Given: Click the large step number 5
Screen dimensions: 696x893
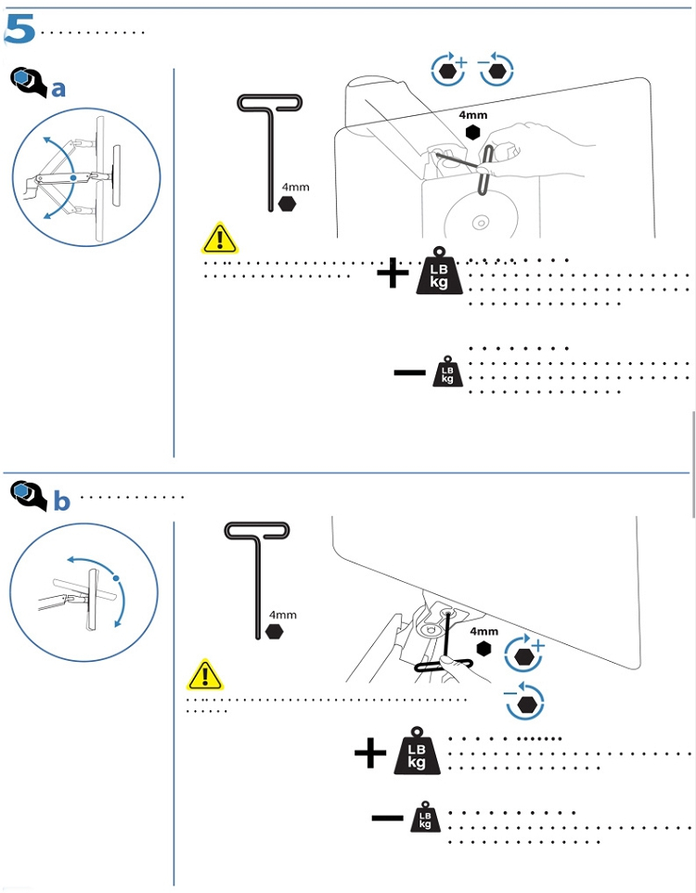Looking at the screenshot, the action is pyautogui.click(x=19, y=30).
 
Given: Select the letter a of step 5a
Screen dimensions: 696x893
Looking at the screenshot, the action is pyautogui.click(x=58, y=89).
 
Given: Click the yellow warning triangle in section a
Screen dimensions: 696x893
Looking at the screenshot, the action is pyautogui.click(x=219, y=239).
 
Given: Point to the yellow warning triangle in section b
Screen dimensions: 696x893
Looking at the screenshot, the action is pyautogui.click(x=205, y=675).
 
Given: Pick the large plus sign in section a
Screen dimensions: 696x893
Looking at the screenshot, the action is pyautogui.click(x=393, y=273).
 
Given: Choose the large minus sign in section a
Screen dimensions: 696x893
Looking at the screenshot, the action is pyautogui.click(x=409, y=373).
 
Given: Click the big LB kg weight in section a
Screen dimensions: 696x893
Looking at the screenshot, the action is pyautogui.click(x=438, y=271).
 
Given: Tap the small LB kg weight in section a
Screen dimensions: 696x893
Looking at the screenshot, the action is pyautogui.click(x=446, y=372).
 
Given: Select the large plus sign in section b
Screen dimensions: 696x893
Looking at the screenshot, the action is pyautogui.click(x=369, y=753).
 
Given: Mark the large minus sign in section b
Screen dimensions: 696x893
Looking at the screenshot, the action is pyautogui.click(x=387, y=819).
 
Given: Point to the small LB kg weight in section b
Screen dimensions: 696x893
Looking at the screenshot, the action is pyautogui.click(x=425, y=818).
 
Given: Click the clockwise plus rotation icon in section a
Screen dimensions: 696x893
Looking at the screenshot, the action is pyautogui.click(x=449, y=69).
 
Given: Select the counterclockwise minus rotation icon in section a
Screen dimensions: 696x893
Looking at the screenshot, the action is pyautogui.click(x=496, y=69).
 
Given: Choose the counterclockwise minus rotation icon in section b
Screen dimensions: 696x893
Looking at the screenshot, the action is pyautogui.click(x=524, y=701).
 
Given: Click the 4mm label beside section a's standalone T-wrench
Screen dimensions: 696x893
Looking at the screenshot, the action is pyautogui.click(x=296, y=187).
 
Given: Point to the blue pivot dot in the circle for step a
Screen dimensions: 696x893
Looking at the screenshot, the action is pyautogui.click(x=73, y=178).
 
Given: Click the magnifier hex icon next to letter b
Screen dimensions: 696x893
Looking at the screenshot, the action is pyautogui.click(x=28, y=495).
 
